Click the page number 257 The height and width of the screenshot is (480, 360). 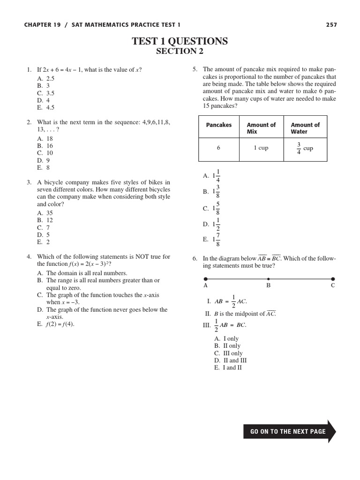pos(331,25)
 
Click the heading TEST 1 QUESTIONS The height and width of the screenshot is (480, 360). pos(180,41)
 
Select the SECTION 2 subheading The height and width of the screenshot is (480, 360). pos(180,52)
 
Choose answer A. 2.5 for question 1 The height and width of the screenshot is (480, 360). pos(46,79)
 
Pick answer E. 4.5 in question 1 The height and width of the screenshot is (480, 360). pos(46,107)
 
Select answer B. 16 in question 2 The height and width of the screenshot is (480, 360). pos(45,146)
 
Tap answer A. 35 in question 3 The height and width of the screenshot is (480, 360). pos(45,213)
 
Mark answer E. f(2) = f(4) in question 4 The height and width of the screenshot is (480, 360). pos(55,324)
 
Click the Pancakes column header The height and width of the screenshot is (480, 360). pos(219,125)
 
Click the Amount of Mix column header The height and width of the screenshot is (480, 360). pos(261,128)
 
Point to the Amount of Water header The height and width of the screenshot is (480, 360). pos(305,128)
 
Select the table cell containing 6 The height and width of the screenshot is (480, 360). pos(218,148)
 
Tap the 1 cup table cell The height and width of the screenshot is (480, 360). pos(261,148)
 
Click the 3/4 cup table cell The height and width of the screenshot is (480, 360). pos(305,149)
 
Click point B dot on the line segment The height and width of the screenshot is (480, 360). pos(269,278)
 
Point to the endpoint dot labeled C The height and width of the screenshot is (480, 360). pos(333,278)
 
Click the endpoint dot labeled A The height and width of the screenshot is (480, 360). pos(205,278)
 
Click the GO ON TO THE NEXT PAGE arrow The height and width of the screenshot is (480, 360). pos(289,431)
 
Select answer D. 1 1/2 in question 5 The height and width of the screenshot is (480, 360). pos(212,224)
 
